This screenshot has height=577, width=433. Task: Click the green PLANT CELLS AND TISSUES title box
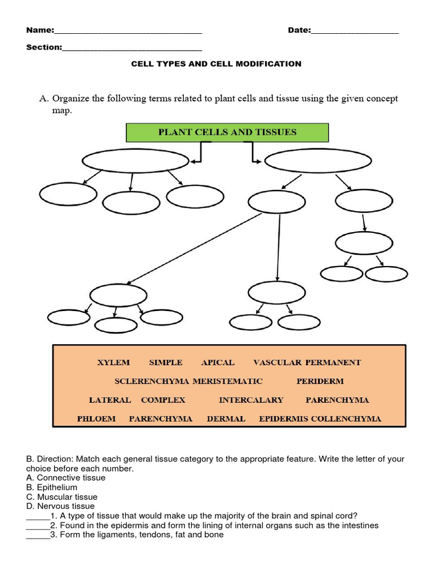227,132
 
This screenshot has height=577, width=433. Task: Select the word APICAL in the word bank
218,362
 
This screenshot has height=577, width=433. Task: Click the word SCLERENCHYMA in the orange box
152,381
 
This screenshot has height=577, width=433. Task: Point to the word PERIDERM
320,381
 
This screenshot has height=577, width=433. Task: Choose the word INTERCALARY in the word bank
251,400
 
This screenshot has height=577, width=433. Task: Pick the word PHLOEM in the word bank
96,419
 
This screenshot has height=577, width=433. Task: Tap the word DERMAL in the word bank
226,419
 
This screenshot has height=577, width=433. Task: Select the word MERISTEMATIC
228,381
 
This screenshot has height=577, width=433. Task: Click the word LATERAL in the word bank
110,400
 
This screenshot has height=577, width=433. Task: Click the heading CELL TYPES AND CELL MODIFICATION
216,64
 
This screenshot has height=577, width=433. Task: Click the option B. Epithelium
52,487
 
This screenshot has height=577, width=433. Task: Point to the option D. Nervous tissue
61,507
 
